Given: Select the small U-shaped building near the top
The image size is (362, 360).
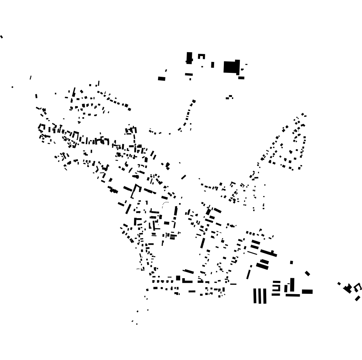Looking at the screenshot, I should click(x=201, y=56).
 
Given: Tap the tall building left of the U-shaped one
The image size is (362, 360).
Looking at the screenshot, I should click(x=189, y=58).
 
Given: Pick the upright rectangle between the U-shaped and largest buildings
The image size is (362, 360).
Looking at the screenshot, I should click(x=213, y=65).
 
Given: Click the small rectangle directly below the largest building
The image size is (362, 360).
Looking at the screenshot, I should click(x=241, y=78).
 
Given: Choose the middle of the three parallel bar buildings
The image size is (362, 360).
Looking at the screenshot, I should click(x=260, y=296).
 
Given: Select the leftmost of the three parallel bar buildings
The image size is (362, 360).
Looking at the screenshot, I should click(x=256, y=296).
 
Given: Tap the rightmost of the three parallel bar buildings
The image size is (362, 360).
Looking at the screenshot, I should click(x=265, y=296).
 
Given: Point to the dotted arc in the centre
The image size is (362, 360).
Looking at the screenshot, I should click(x=165, y=204).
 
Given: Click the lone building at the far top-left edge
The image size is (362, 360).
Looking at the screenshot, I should click(x=1, y=37).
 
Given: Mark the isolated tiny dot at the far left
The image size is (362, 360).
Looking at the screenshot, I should click(x=12, y=87).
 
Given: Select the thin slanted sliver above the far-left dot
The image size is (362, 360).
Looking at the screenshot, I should click(x=30, y=78).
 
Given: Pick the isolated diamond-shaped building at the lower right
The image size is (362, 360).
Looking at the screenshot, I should click(x=308, y=274).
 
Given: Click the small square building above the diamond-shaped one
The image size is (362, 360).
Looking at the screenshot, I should click(x=292, y=263).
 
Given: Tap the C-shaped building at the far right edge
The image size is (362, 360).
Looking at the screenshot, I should click(x=358, y=287).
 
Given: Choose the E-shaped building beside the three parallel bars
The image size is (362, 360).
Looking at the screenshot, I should click(x=276, y=288).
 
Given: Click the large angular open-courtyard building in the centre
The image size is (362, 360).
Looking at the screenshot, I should click(x=135, y=191).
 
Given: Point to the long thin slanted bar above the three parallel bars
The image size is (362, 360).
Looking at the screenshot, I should click(x=249, y=274).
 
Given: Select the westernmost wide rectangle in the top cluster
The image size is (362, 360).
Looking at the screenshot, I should click(x=162, y=79).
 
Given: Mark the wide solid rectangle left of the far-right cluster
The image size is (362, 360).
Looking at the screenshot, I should click(x=307, y=291).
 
